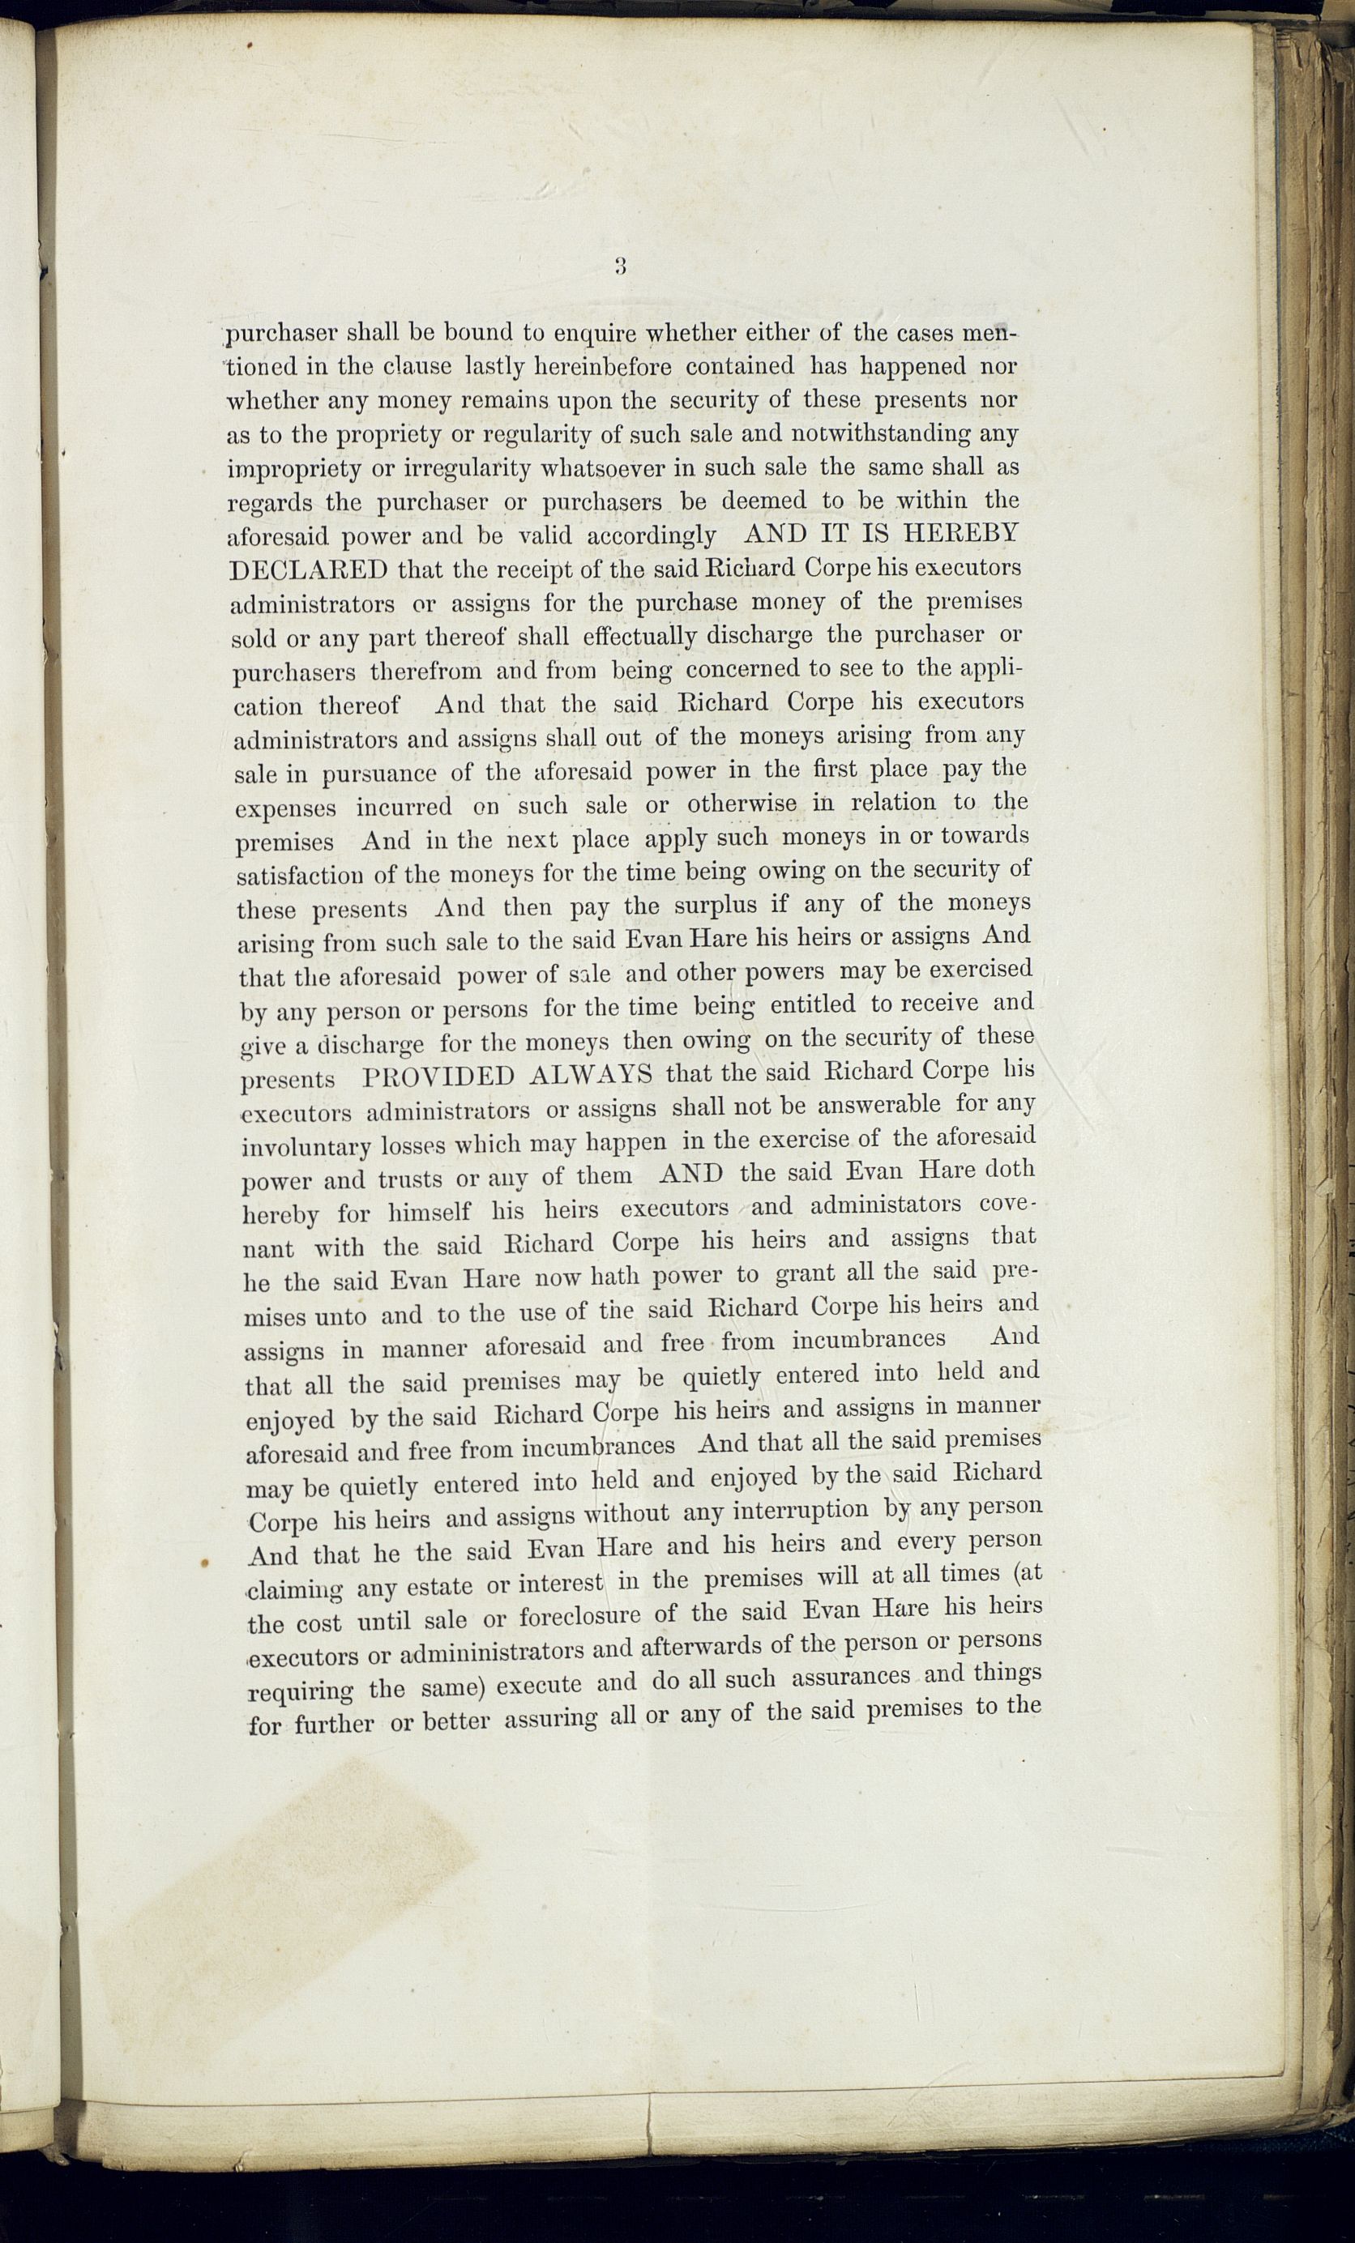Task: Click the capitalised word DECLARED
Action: point(309,569)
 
